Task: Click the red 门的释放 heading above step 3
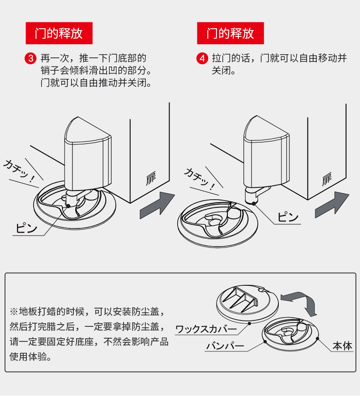(x=59, y=33)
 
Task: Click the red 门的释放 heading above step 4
(x=230, y=33)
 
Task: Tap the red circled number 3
(x=31, y=58)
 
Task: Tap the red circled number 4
(x=202, y=58)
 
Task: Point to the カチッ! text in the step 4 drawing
(x=199, y=179)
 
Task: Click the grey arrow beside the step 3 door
(x=158, y=206)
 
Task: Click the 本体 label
(x=342, y=346)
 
